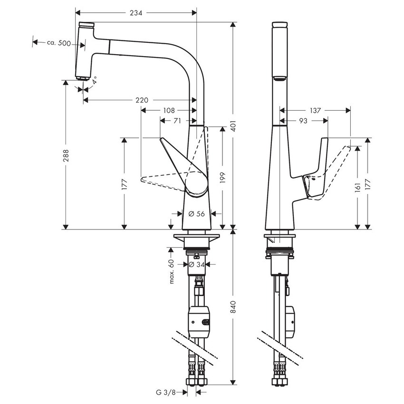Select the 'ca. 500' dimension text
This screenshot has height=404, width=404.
coord(59,43)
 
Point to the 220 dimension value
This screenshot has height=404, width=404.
coord(142,100)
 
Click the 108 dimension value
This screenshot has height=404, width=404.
coord(169,110)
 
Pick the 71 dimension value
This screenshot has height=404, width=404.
coord(177,121)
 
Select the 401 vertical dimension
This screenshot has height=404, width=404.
coord(233,125)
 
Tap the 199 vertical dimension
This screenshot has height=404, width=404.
coord(222,177)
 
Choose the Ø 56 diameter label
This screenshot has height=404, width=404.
coord(196,214)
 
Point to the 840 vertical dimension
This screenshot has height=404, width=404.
coord(233,308)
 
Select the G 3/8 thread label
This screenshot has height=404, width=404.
coord(166,392)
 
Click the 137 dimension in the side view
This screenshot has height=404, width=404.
coord(315,110)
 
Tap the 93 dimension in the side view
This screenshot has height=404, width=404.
coord(303,121)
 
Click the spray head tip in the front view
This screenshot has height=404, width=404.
coord(83,76)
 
